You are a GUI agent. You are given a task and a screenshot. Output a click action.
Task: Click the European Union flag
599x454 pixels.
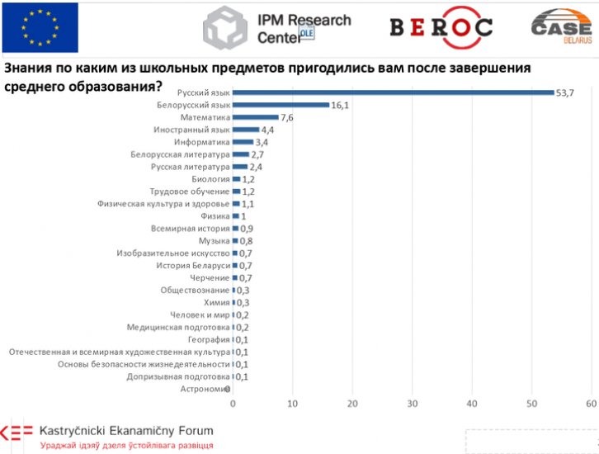[x=40, y=27]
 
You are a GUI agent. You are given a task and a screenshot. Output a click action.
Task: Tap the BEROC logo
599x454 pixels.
[x=441, y=26]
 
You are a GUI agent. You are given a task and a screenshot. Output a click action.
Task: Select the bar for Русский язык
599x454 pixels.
[x=393, y=92]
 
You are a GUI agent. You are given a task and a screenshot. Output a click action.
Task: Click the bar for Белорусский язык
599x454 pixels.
[x=281, y=105]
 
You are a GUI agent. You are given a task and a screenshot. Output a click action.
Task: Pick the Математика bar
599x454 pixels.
[x=256, y=117]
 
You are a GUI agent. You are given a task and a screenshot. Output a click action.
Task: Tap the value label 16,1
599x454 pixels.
[x=342, y=105]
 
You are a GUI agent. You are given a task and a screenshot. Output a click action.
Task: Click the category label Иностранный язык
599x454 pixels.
[x=191, y=130]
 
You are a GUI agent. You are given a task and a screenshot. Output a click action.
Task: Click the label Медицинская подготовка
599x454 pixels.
[x=178, y=327]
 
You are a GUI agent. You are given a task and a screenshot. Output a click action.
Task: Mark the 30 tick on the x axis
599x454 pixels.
[x=413, y=404]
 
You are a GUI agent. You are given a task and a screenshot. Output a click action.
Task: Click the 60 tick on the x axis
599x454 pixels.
[x=591, y=404]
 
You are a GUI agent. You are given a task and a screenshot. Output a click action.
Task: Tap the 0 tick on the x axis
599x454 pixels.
[x=233, y=404]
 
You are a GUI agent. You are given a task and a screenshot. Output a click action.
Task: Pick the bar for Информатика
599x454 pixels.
[x=243, y=142]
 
